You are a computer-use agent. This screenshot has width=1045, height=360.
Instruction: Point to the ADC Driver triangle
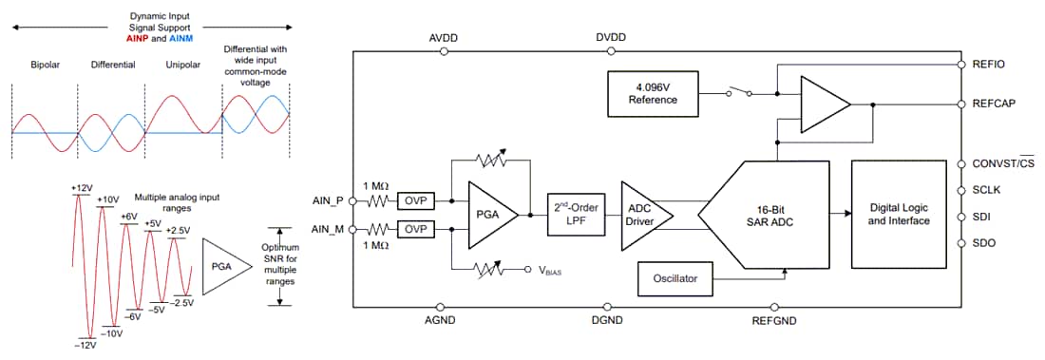tap(640, 216)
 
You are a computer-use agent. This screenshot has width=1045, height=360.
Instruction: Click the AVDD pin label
tap(444, 38)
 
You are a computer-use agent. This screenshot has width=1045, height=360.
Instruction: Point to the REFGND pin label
tap(775, 320)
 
